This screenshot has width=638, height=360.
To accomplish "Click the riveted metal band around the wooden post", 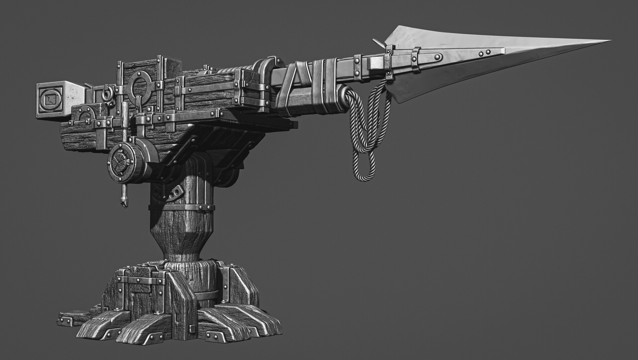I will (x=182, y=208).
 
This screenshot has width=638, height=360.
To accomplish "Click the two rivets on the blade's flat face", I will (x=484, y=52).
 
